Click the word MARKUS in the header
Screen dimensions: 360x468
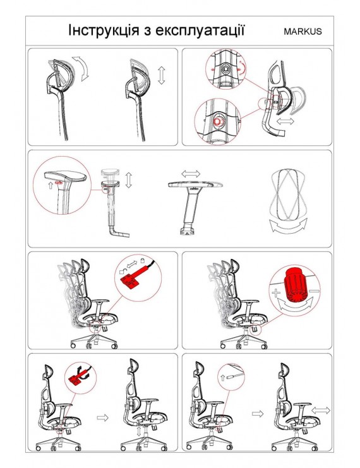pyautogui.click(x=303, y=32)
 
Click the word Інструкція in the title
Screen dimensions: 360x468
pyautogui.click(x=104, y=31)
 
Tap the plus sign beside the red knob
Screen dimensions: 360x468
pyautogui.click(x=275, y=292)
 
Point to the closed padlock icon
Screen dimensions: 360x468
pyautogui.click(x=142, y=260)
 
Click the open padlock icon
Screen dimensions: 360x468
pyautogui.click(x=122, y=271)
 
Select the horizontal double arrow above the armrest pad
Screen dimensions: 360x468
pyautogui.click(x=191, y=174)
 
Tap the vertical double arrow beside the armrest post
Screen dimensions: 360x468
pyautogui.click(x=129, y=179)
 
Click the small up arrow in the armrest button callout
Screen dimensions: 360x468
pyautogui.click(x=50, y=185)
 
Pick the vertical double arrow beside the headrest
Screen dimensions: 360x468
pyautogui.click(x=161, y=75)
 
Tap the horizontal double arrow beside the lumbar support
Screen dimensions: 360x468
pyautogui.click(x=285, y=121)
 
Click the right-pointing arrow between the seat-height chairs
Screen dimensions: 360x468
pyautogui.click(x=102, y=417)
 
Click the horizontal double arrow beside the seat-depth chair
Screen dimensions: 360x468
pyautogui.click(x=321, y=410)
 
